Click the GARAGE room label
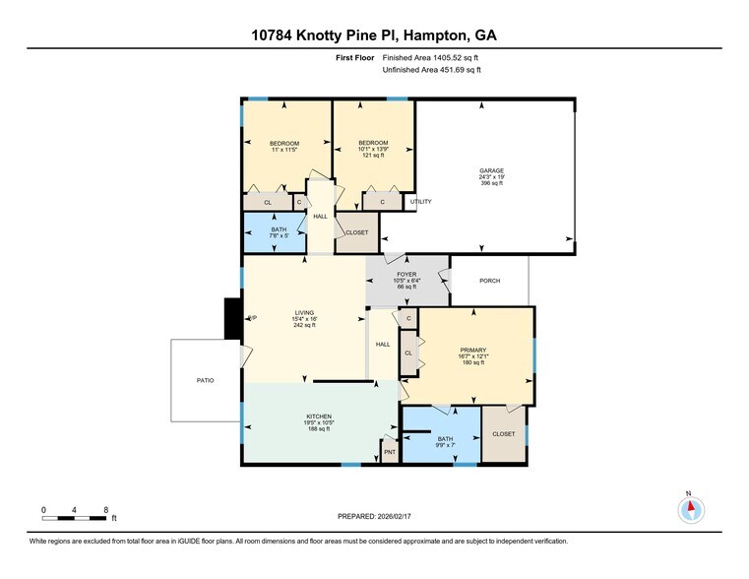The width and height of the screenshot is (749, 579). coord(492,170)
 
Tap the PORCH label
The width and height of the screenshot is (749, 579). coord(489,281)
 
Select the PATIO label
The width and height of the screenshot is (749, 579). coord(204,380)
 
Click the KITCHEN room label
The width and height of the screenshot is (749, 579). coord(318,417)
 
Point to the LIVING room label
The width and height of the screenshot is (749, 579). coord(304,313)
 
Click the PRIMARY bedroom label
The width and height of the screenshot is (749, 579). coord(473,350)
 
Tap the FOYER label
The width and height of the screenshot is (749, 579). coord(406,275)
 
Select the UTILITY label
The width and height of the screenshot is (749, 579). coord(420,202)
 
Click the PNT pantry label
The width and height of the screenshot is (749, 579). coord(390,452)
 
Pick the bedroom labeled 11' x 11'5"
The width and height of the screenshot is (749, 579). coord(284,144)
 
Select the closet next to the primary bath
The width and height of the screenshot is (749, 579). coord(503,433)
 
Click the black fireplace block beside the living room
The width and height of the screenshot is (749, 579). coord(232,317)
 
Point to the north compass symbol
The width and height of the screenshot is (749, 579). coord(692,508)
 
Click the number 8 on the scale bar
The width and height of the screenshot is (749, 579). coord(106,509)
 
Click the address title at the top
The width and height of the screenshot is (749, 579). coord(374,36)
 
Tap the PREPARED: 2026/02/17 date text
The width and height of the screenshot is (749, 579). coord(374,516)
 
